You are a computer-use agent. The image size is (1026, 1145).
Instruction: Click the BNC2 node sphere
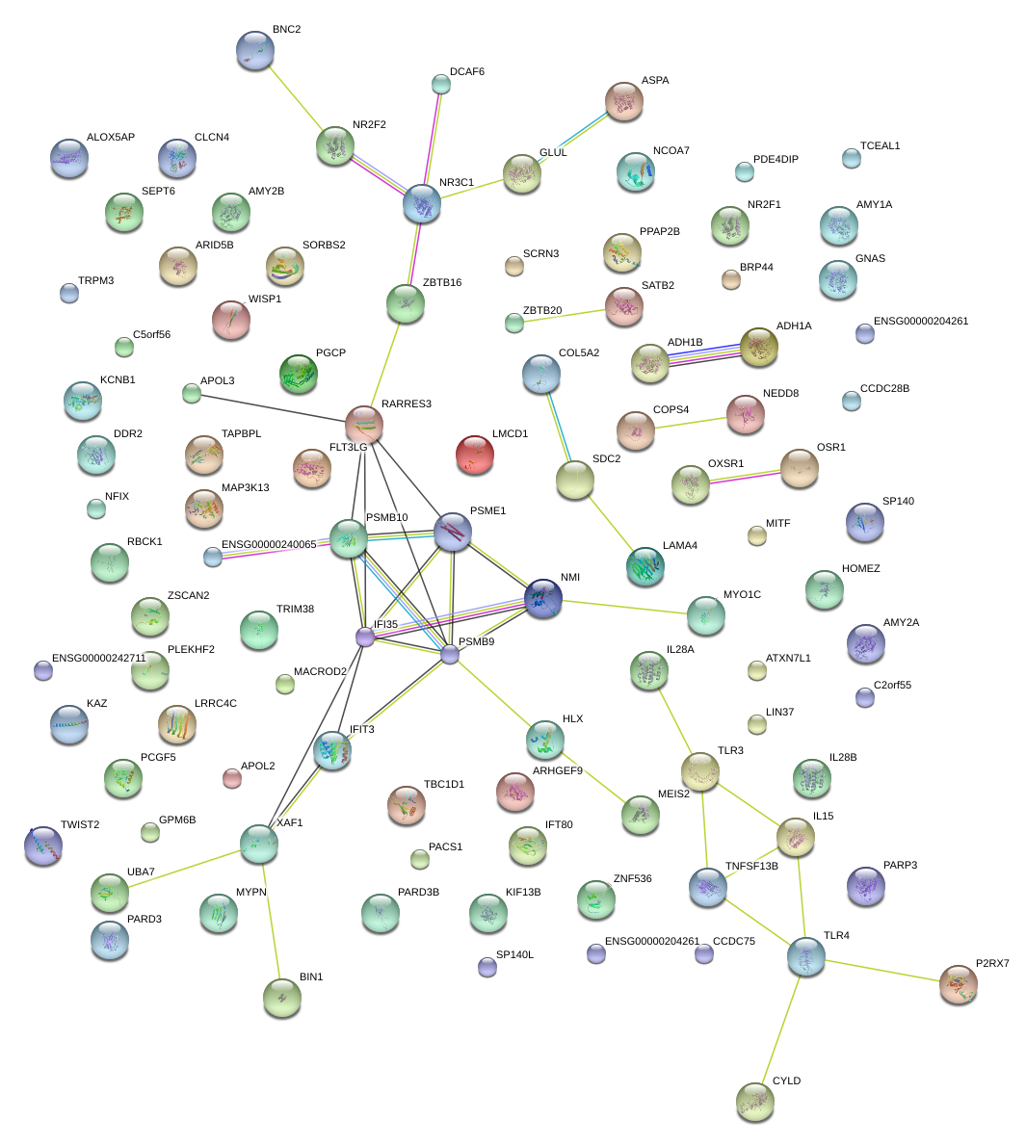[x=255, y=50]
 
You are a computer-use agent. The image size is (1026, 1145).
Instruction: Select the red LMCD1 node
[x=475, y=455]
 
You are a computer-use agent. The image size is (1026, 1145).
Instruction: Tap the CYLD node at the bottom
[x=754, y=1102]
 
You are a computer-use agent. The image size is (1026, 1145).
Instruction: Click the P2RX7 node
[x=958, y=984]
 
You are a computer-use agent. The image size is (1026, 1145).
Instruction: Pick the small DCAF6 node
[x=441, y=84]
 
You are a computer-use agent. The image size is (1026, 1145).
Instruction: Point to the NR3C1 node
[x=422, y=202]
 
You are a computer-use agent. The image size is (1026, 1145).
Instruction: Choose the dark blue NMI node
[x=544, y=598]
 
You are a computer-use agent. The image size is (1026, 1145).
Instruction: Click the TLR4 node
[x=805, y=956]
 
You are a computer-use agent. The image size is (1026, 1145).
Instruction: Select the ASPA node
[x=623, y=101]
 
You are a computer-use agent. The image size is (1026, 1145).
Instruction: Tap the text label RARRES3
[x=406, y=403]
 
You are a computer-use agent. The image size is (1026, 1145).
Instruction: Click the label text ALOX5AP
[x=111, y=138]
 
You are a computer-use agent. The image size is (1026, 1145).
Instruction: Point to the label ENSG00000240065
[x=269, y=545]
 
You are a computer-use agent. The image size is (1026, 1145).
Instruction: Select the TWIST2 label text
[x=80, y=825]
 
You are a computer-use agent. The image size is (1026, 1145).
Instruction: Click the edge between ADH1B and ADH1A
[x=705, y=355]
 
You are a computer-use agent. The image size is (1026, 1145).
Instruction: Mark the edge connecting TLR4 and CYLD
[x=781, y=1027]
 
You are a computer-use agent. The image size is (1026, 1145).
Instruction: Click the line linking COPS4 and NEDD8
[x=690, y=423]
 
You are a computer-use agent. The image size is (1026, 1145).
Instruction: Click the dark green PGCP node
[x=299, y=374]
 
